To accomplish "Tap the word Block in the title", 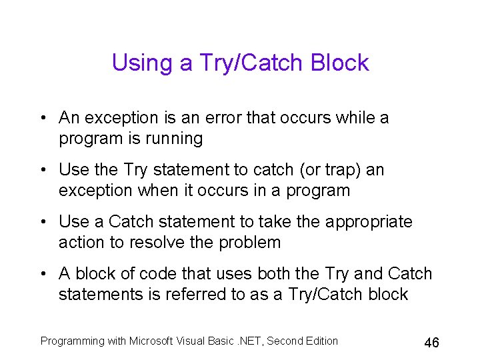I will click(339, 63).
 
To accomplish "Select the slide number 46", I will click(431, 343).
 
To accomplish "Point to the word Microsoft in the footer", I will click(150, 341).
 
